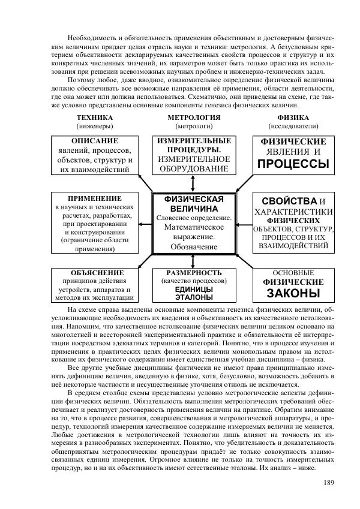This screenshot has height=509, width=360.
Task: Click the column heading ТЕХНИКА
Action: pos(95,118)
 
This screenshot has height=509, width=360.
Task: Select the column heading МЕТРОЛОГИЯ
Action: pos(193,118)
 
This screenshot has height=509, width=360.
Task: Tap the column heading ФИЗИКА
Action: pos(293,118)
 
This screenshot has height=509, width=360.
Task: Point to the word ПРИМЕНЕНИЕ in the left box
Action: pos(95,198)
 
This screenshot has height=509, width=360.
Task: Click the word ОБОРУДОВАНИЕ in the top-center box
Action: pos(194,169)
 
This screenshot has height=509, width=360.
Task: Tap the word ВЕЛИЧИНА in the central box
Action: pos(194,207)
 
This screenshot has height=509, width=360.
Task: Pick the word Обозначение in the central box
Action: pos(194,246)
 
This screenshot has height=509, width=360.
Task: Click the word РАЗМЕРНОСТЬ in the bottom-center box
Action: pos(194,272)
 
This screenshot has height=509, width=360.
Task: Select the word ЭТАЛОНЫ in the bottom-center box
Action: pos(194,297)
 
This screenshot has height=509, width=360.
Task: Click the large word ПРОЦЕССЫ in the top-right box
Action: pos(293,164)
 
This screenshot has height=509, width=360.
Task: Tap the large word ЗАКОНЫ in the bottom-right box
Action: pos(293,294)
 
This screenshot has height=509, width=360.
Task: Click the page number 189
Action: pos(328,483)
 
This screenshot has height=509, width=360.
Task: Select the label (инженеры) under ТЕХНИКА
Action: pos(95,127)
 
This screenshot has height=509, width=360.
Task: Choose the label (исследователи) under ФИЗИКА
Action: pos(293,127)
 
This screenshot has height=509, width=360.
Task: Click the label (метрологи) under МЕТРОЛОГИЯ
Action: pos(193,127)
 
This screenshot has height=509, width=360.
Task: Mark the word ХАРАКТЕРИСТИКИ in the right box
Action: pos(293,212)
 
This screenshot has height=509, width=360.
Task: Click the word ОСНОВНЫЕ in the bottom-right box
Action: pos(293,272)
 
